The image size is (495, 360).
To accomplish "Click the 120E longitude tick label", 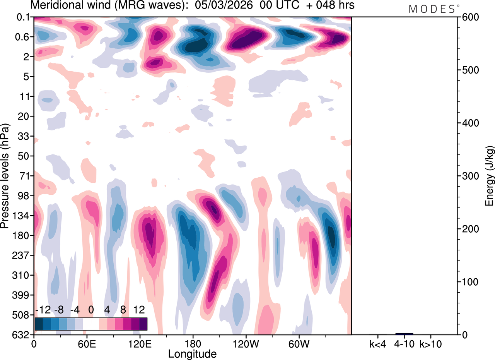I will tap(140, 343).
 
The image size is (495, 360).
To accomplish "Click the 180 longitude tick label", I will tap(193, 343).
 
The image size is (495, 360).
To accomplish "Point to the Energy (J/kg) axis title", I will tap(490, 176).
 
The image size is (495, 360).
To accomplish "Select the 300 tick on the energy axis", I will tap(470, 176).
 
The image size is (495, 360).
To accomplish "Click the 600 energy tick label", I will tap(470, 17).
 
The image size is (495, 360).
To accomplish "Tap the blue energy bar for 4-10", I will tap(404, 334).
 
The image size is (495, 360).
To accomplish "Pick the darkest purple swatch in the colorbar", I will tap(143, 324).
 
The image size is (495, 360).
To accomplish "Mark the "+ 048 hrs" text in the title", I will tap(328, 6).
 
